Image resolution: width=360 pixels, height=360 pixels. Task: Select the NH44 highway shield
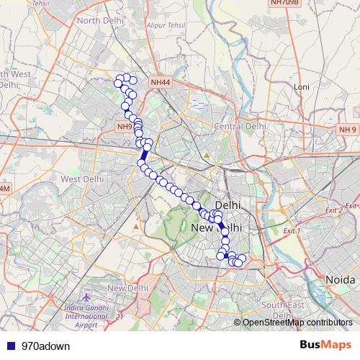point(160,84)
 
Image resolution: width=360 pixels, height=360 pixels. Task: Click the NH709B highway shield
point(283,3)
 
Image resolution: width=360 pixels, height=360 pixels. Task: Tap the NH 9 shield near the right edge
point(347,130)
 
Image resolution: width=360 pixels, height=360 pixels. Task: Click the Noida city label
point(339,279)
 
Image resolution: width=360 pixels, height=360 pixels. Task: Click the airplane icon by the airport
point(87,297)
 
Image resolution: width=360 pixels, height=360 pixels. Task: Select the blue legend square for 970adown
point(10,346)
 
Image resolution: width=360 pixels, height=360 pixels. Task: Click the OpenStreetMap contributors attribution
point(297,323)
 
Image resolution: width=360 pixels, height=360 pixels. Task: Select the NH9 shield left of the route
point(124,127)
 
